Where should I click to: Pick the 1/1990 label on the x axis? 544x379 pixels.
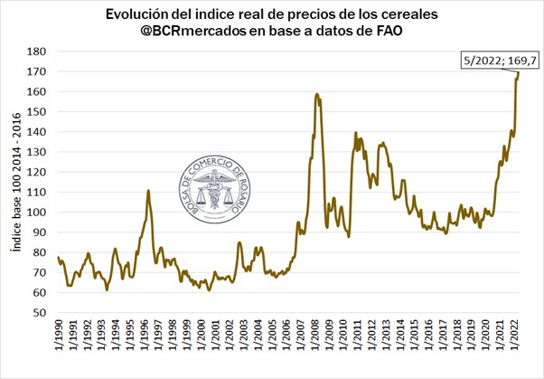59,341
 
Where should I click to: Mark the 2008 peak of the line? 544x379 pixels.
317,93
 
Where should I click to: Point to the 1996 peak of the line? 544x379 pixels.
148,191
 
